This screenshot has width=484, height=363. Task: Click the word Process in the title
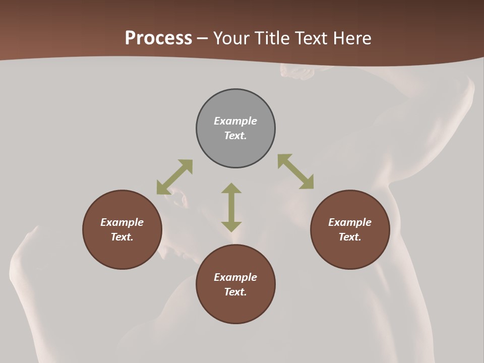[158, 38]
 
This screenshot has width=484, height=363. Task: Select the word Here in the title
[353, 38]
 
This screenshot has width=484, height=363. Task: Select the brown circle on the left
[122, 252]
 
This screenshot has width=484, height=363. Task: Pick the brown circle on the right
[350, 252]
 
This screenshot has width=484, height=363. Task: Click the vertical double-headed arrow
[231, 207]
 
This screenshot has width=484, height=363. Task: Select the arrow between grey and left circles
[174, 176]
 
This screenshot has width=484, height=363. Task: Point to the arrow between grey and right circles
[295, 171]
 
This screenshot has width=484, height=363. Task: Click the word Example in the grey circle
[235, 121]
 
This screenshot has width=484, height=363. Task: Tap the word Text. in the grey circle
[235, 136]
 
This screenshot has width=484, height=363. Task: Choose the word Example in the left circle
[122, 222]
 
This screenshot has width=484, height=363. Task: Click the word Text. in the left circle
[122, 237]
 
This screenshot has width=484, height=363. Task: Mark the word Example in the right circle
[350, 222]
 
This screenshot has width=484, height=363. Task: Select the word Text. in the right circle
[350, 237]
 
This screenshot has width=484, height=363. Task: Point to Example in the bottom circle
[235, 277]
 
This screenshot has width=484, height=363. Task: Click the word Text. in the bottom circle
[235, 292]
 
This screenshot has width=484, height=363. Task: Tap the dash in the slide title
[203, 39]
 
